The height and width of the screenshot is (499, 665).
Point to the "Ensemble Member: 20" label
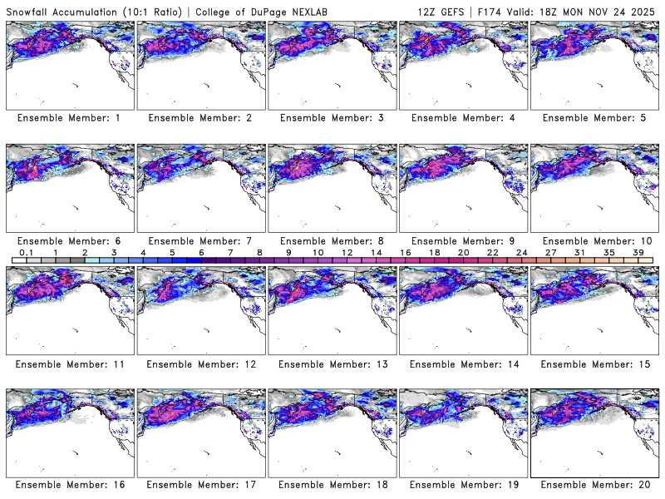pos(594,485)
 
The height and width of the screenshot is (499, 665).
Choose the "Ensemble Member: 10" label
pos(594,240)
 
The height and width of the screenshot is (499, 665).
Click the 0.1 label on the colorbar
pos(26,252)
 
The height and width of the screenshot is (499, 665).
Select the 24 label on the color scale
pos(521,252)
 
